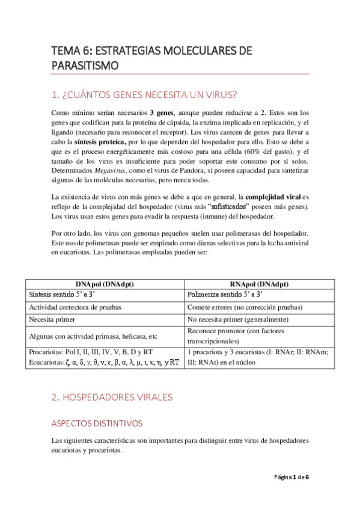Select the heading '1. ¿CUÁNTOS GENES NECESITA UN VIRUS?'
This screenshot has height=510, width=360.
[144, 94]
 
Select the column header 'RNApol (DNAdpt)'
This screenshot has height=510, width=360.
[258, 284]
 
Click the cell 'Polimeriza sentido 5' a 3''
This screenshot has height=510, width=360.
[225, 295]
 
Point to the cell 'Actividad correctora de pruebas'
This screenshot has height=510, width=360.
[75, 307]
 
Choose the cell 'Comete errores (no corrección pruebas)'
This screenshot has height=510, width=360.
[245, 307]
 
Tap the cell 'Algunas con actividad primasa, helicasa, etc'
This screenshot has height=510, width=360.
[93, 336]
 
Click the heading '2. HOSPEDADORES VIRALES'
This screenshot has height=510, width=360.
[112, 380]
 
